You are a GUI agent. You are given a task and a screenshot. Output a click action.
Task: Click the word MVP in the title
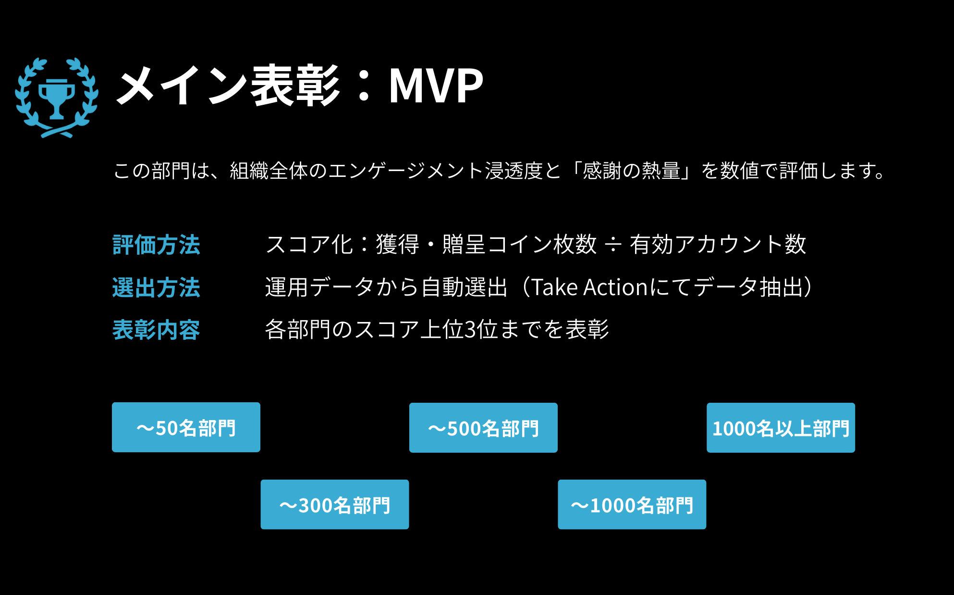[436, 86]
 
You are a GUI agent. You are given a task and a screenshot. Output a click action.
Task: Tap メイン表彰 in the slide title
[228, 86]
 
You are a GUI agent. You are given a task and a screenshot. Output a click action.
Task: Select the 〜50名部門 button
[186, 427]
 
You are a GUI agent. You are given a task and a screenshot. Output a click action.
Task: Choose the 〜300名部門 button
[335, 505]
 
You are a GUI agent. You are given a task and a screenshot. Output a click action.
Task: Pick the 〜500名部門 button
[483, 428]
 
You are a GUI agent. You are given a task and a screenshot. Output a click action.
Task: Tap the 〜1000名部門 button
[632, 505]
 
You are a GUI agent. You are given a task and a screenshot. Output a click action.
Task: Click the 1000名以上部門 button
[781, 428]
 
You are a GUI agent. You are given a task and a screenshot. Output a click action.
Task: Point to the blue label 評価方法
[156, 245]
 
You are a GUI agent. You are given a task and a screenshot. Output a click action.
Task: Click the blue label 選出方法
[156, 287]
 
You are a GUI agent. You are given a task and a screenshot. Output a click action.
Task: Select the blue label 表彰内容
[156, 330]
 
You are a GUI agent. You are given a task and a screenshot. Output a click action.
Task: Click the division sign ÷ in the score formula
[613, 245]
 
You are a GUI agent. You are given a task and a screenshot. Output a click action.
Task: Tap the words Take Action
[589, 287]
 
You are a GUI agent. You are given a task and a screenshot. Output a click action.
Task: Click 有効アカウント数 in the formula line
[718, 244]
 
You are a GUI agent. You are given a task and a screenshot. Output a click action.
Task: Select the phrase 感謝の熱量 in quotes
[631, 171]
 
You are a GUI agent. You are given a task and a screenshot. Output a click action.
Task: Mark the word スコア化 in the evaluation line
[309, 244]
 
